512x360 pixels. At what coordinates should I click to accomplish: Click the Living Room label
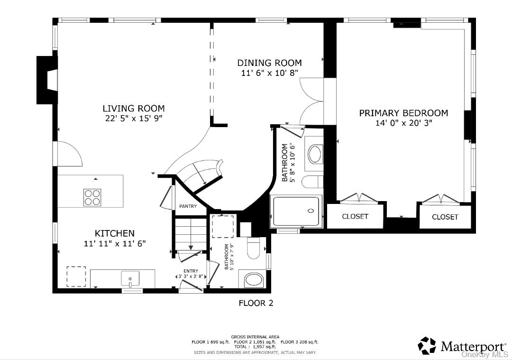(134, 109)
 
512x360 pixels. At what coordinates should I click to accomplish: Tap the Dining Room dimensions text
(270, 73)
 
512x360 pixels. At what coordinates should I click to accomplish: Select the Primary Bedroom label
(403, 113)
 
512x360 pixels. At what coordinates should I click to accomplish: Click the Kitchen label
(115, 233)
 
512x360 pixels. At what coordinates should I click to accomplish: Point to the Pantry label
(188, 206)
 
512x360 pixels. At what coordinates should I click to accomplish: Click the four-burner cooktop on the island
(92, 197)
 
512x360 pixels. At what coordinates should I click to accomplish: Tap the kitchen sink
(130, 279)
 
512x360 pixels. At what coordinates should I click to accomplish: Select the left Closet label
(355, 216)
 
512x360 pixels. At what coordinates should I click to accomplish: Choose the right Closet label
(445, 217)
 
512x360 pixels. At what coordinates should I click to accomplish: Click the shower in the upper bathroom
(296, 211)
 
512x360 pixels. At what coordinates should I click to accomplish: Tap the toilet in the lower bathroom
(253, 248)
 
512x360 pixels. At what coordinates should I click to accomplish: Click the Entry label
(191, 271)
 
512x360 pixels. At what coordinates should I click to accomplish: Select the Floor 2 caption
(256, 303)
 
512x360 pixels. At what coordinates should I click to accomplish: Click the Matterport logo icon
(427, 346)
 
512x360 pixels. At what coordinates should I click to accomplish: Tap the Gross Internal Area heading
(256, 337)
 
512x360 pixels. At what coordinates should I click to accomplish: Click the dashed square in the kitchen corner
(76, 277)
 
